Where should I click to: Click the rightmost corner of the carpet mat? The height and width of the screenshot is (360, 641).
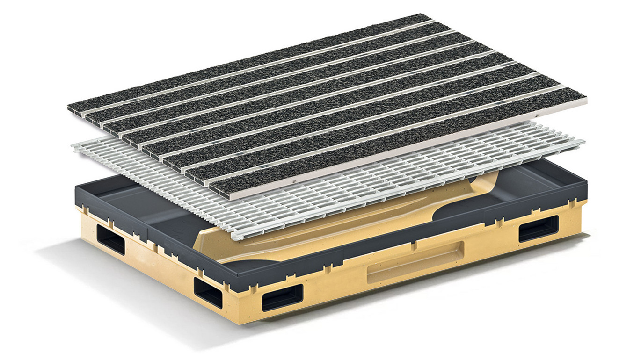[587, 99]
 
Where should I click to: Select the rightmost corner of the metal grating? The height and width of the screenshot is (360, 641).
[584, 140]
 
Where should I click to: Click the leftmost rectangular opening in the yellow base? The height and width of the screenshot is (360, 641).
[110, 238]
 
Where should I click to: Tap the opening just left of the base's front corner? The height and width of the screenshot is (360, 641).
[208, 292]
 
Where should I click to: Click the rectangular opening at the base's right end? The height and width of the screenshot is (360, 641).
[539, 228]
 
